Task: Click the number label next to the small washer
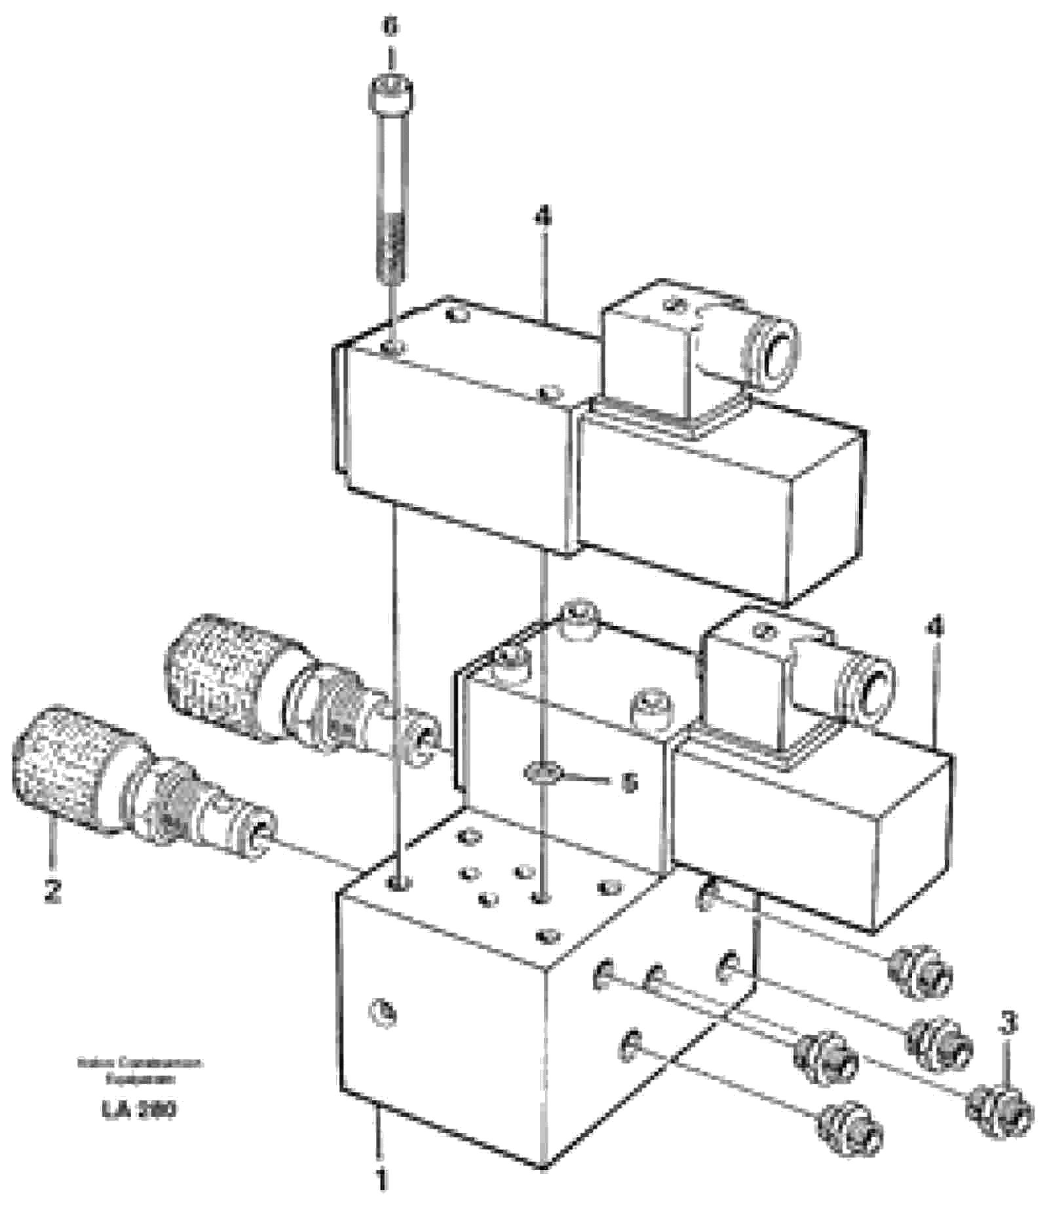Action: [628, 783]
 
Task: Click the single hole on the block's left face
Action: [385, 1014]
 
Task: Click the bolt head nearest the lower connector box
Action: [652, 709]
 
